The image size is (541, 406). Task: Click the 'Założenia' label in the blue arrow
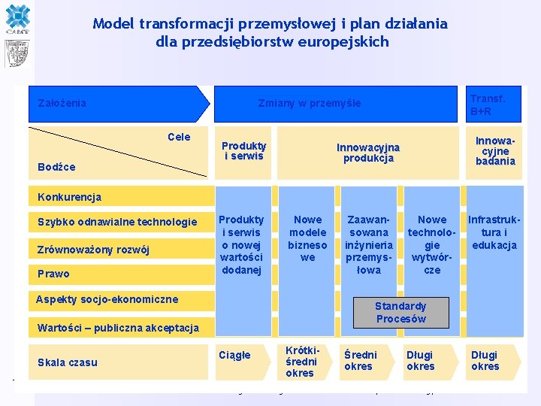(x=62, y=103)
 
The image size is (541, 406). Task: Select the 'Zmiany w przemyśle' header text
(x=309, y=103)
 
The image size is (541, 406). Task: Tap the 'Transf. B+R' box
(x=488, y=105)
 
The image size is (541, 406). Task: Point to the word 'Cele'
(x=179, y=137)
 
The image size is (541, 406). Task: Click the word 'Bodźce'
(x=56, y=166)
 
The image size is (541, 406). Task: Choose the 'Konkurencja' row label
(x=69, y=197)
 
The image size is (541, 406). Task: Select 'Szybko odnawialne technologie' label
(x=117, y=222)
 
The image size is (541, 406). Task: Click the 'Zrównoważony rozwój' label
(x=93, y=250)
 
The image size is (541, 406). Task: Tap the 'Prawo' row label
(x=53, y=274)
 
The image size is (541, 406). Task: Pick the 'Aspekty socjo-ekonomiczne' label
(x=107, y=299)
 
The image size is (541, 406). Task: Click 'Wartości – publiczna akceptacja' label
(x=118, y=328)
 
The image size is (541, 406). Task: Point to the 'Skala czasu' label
(x=68, y=362)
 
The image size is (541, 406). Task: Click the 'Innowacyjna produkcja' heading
(x=368, y=153)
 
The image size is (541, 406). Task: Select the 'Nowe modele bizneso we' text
(x=307, y=238)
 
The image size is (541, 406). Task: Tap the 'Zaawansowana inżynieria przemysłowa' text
(x=368, y=244)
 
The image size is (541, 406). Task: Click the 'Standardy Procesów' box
(x=400, y=312)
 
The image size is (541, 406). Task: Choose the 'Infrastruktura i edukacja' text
(x=494, y=232)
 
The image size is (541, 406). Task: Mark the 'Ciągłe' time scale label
(x=234, y=355)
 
